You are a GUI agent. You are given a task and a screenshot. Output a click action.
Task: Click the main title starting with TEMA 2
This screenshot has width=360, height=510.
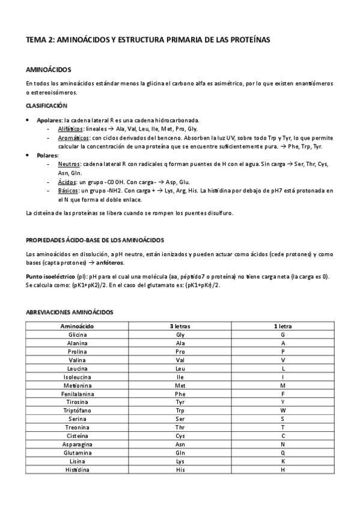coord(148,40)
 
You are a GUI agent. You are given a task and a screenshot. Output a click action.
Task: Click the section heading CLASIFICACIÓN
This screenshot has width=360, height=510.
coord(46,105)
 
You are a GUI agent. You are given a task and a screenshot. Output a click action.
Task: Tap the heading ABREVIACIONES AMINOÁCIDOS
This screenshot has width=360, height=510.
coord(69,312)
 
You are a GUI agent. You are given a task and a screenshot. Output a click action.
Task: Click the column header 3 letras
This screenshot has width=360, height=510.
coord(180,325)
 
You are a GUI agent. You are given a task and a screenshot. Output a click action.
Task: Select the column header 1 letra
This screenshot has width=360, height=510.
coord(282,325)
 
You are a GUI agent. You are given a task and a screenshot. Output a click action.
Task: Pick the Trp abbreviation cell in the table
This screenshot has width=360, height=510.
coord(180,410)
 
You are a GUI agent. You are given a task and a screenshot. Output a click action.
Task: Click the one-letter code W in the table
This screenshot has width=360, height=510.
coord(282,410)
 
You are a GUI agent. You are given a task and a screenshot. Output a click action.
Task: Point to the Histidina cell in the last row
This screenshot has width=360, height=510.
coord(78,469)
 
